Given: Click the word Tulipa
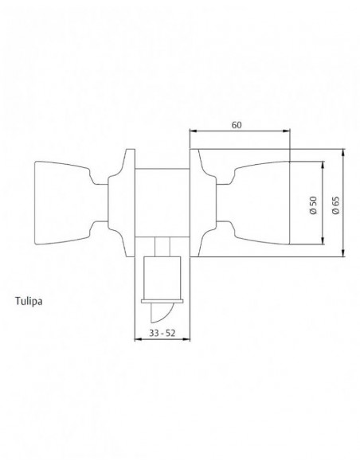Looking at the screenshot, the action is click(x=29, y=302).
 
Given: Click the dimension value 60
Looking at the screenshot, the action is click(x=237, y=125).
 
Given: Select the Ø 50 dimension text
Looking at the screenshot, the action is click(x=313, y=205).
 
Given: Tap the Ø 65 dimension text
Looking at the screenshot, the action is click(x=335, y=205).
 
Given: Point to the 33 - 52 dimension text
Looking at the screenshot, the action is click(x=162, y=334).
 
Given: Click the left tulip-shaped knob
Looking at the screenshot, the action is click(x=62, y=203).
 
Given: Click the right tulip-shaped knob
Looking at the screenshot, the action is click(x=261, y=203).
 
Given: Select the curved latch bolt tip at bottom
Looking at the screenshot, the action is click(x=160, y=313).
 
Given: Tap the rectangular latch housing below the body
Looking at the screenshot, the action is click(x=162, y=278).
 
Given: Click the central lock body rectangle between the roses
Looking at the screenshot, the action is click(x=162, y=203).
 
